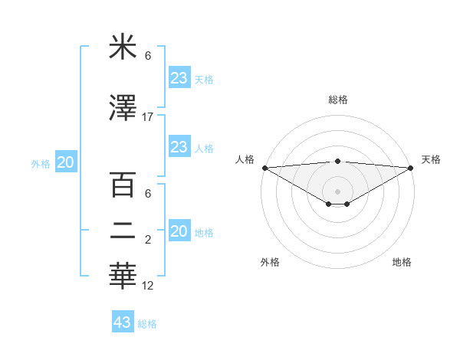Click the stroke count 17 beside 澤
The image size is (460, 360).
tap(148, 117)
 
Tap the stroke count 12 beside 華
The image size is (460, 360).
tap(148, 286)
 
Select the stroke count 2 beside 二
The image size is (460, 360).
tap(148, 241)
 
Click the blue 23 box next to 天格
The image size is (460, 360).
tap(179, 79)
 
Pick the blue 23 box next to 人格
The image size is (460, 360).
tap(179, 147)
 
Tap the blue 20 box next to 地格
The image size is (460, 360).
tap(179, 231)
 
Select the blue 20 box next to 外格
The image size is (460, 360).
tap(66, 162)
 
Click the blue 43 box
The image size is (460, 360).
tap(123, 322)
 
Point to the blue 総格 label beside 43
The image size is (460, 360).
tap(147, 324)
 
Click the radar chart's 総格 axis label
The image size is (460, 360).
tap(337, 100)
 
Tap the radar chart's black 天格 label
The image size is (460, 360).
tap(431, 159)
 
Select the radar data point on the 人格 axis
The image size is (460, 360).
tap(264, 168)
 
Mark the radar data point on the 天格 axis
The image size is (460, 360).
tap(410, 168)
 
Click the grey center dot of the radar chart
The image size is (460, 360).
tap(337, 190)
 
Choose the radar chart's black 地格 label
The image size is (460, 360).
tap(402, 262)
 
